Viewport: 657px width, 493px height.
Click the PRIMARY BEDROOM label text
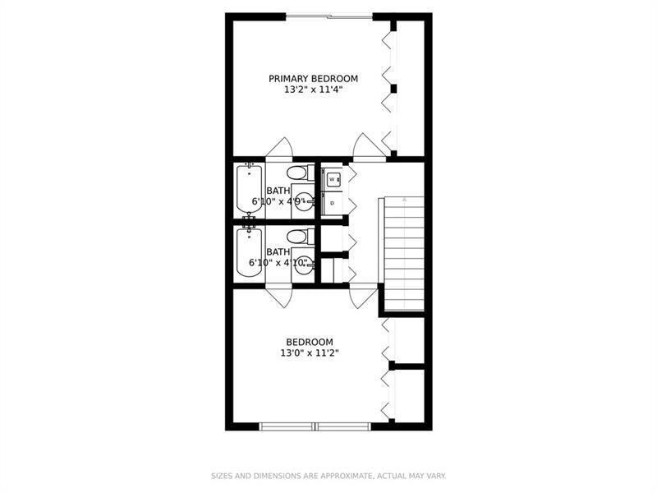301,79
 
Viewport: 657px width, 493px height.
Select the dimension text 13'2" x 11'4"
301,90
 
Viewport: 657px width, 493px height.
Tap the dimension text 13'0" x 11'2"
309,353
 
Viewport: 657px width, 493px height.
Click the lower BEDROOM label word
309,342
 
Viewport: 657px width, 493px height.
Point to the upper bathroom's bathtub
248,190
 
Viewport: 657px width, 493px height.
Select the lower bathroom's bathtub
248,252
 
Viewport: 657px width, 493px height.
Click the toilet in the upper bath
298,173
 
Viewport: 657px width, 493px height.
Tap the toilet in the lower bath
298,237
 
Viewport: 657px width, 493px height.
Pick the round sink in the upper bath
304,200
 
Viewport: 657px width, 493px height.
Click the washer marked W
333,178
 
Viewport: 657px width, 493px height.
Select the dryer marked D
333,202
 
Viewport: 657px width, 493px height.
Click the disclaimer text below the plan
328,475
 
